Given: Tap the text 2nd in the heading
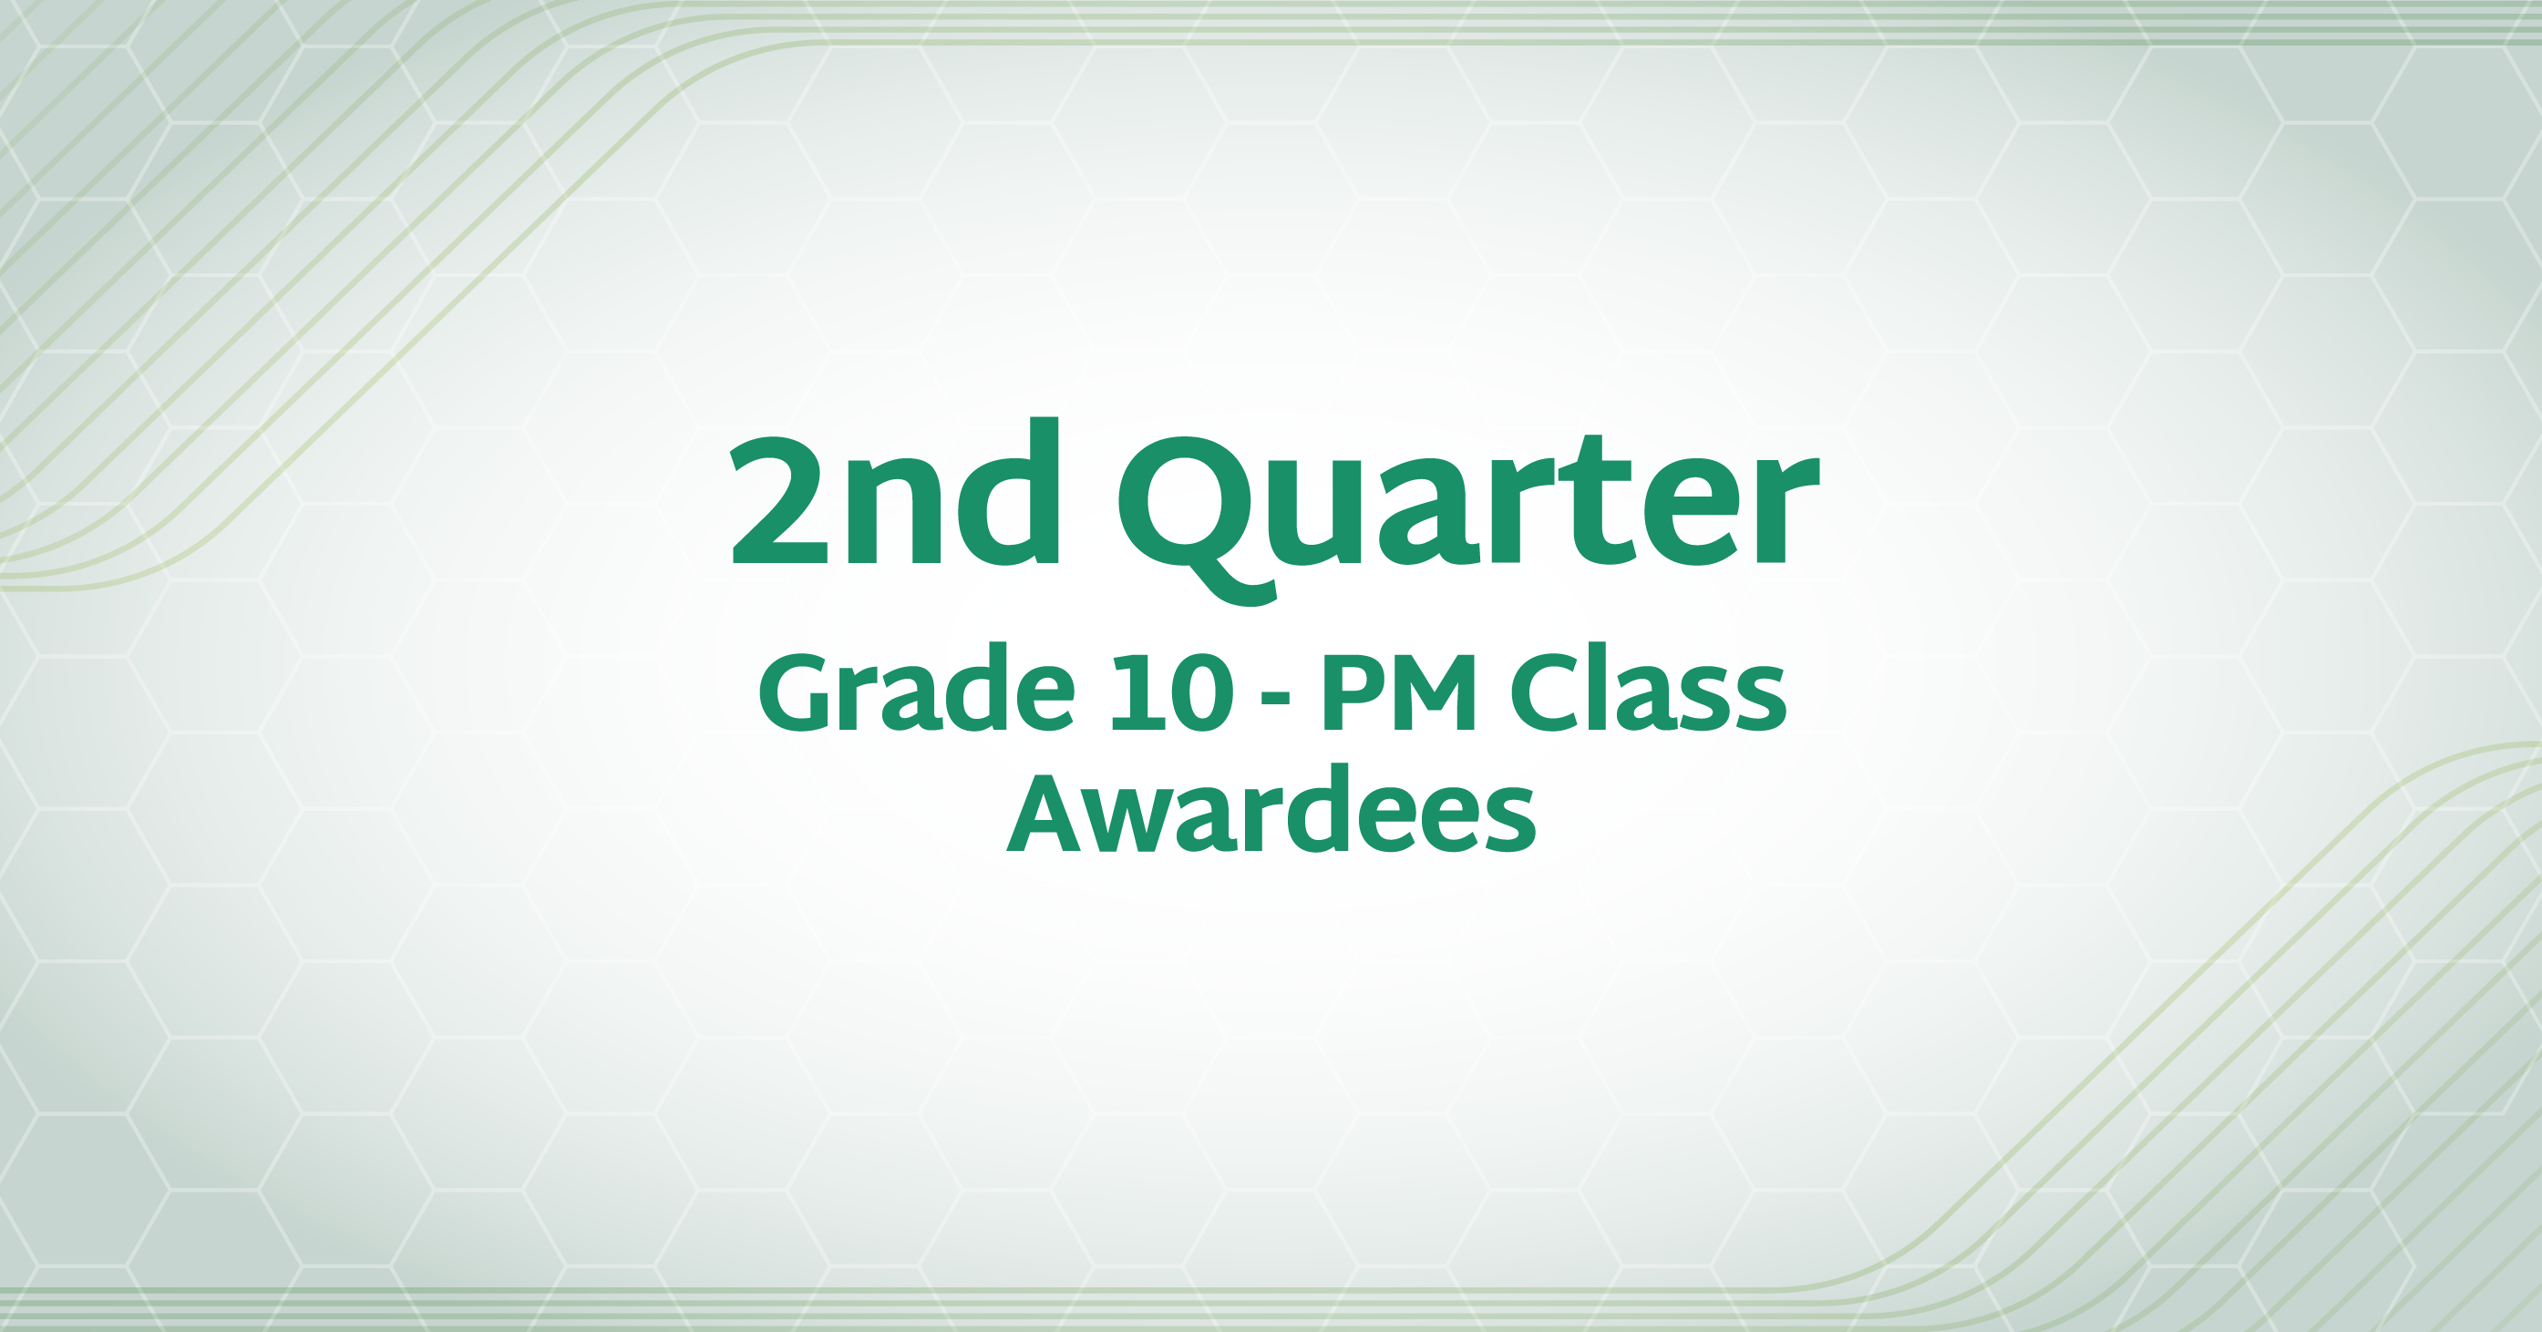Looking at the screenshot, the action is click(895, 490).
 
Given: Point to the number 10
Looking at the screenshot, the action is click(1172, 692).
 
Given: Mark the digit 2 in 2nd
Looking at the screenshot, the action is click(778, 500).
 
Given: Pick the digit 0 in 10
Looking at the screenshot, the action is click(1202, 692).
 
